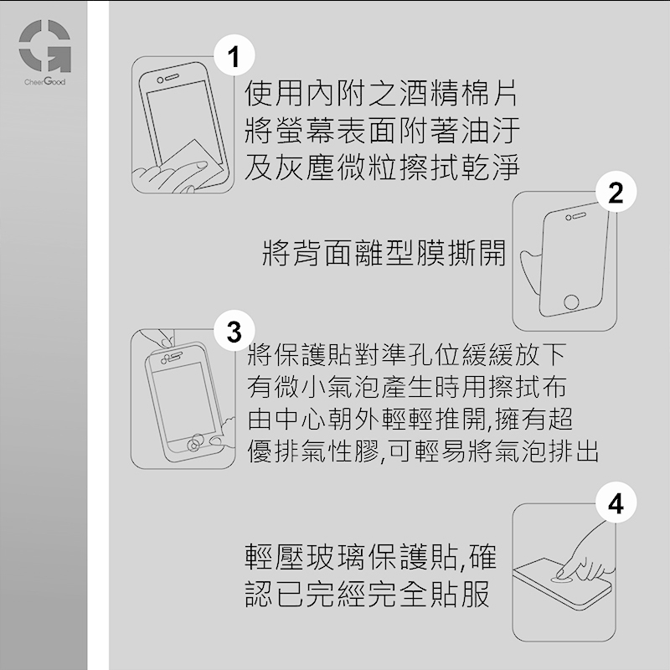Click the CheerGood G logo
click(45, 46)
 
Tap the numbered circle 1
click(234, 55)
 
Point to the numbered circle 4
click(616, 502)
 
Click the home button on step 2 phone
click(571, 302)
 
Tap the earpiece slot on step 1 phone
click(172, 76)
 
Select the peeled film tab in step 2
click(530, 269)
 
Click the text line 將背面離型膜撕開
click(384, 253)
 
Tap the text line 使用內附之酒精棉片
click(381, 93)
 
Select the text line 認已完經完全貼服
click(367, 594)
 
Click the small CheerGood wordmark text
click(45, 81)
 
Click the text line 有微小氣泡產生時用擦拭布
click(407, 387)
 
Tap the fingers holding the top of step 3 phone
click(162, 338)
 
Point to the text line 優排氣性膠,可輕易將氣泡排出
click(423, 451)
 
